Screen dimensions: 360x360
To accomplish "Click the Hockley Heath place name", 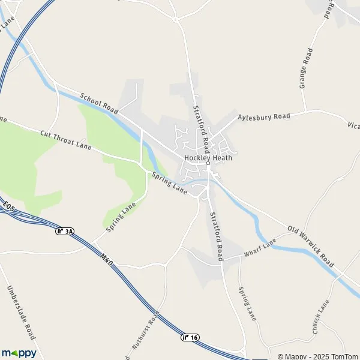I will click(208, 158).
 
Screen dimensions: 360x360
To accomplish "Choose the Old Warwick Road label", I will click(310, 245).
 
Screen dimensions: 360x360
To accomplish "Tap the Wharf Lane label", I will click(260, 250).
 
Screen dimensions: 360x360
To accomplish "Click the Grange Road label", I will click(307, 69).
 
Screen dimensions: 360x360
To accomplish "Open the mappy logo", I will click(19, 352).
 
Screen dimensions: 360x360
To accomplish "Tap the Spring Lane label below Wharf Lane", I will click(247, 302).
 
